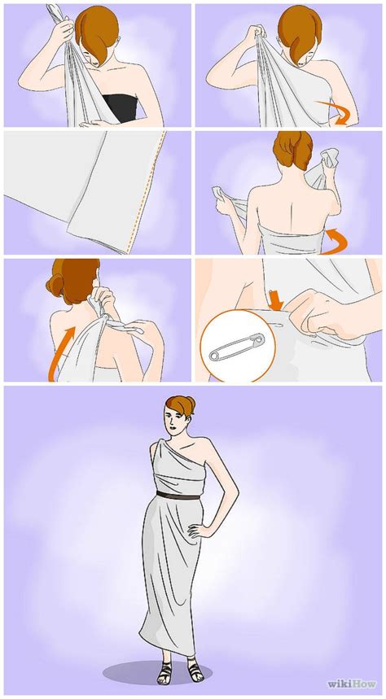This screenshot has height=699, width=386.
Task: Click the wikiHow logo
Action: point(351,683)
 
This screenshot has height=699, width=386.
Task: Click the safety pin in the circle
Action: point(237,347)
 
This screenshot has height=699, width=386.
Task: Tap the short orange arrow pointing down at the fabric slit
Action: point(276,301)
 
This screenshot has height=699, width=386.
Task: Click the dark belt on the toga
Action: point(178,496)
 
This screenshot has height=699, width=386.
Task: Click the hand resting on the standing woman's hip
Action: point(197,531)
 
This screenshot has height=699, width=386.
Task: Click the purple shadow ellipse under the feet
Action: point(157,673)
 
